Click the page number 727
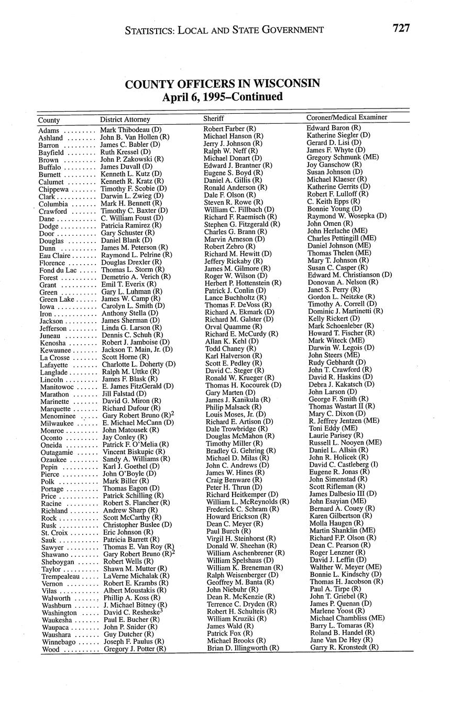[401, 28]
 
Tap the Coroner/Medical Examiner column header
[347, 117]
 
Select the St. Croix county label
[53, 532]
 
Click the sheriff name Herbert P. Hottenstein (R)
[243, 283]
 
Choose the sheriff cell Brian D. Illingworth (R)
[243, 648]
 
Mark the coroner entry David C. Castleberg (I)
[344, 464]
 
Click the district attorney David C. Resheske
[131, 612]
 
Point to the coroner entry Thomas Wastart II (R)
[342, 406]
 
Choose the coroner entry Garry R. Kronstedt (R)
[344, 647]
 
